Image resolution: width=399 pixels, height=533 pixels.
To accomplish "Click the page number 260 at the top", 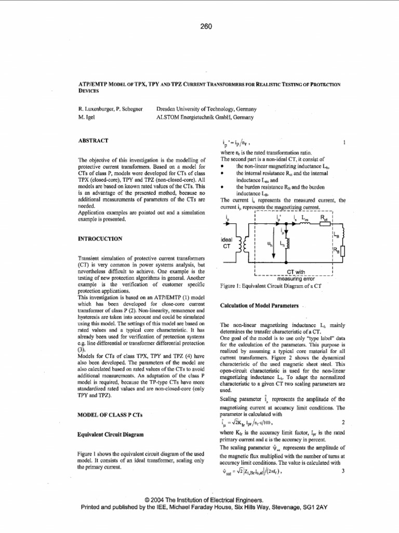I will (206, 27).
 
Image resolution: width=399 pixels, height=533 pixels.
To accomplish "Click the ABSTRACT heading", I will (92, 141).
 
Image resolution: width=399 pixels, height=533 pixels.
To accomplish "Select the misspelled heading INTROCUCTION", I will (99, 238).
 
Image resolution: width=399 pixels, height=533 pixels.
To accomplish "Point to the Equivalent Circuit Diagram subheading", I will (110, 434).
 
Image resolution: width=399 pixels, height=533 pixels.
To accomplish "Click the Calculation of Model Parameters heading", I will (260, 304).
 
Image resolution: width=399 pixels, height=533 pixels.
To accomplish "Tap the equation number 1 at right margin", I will (344, 142).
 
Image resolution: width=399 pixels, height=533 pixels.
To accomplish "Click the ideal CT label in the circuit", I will (227, 243).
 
